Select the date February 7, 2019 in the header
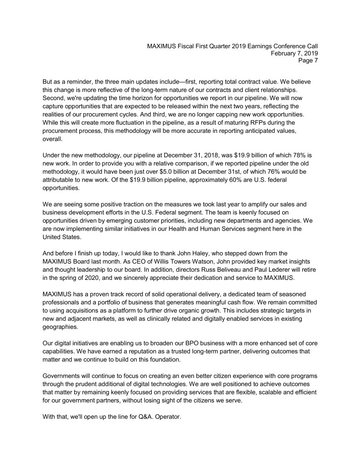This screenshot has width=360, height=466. pos(294,53)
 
